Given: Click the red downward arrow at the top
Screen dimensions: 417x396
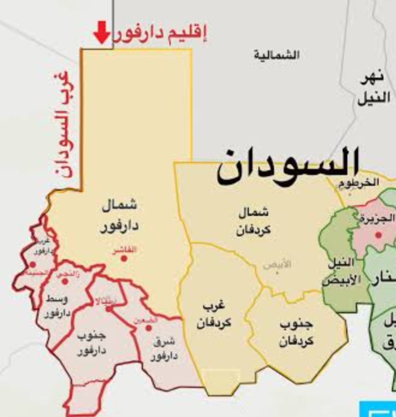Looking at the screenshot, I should pos(101,32).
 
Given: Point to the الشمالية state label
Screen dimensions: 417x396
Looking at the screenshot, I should pos(277,55).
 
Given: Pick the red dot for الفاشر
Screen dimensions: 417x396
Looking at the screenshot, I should pos(124,258).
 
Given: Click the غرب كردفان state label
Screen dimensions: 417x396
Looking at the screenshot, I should pos(214,315).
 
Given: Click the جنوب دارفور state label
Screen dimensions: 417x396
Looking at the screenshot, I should pos(91,343).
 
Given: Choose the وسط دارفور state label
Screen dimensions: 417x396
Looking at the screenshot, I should pos(57,306).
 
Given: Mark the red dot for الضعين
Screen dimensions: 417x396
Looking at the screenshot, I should pos(148,328).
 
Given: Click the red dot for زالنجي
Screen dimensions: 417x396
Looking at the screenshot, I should pos(65,281).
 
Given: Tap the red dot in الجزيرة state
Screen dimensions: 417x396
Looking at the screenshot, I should pos(378,234).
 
